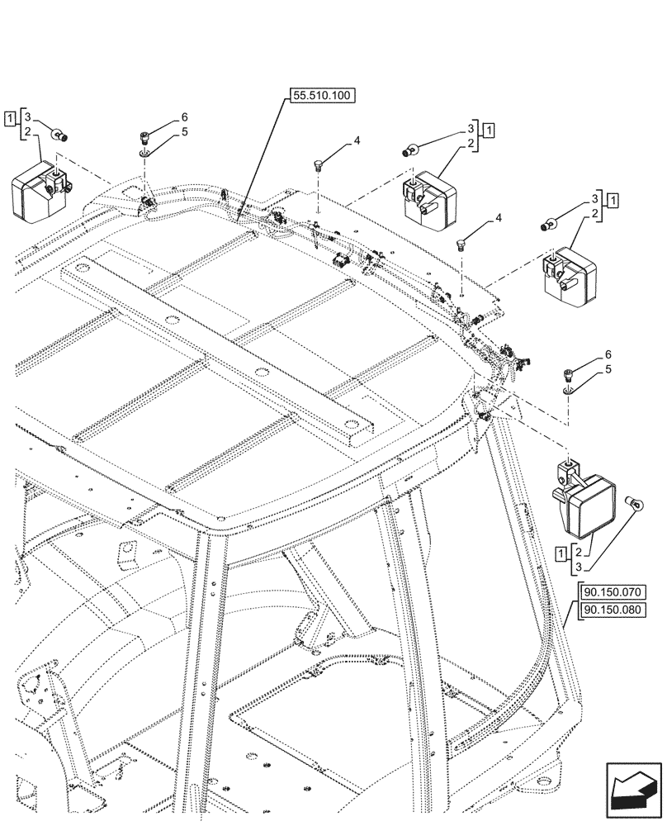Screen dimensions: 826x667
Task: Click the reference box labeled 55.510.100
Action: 321,96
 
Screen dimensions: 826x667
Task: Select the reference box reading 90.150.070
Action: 613,592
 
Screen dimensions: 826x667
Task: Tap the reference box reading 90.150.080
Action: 613,610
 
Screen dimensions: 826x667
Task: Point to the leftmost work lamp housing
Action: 39,189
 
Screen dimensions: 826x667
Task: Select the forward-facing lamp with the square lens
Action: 587,500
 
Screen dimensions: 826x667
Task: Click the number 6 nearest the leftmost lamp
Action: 185,117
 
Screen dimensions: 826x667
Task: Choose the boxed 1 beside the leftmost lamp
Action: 8,118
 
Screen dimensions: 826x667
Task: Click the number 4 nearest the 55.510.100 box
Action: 357,141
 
